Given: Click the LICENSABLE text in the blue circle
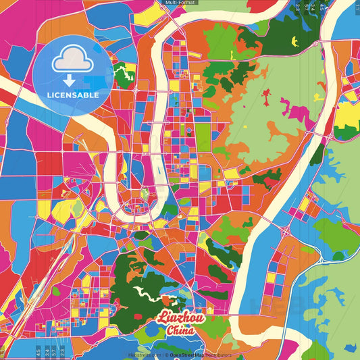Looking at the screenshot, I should coord(73,95).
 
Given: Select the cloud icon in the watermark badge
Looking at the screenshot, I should coord(73,60).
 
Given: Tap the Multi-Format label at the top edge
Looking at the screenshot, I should coord(179,3).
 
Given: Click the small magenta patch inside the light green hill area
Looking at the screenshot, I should coord(267,102).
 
